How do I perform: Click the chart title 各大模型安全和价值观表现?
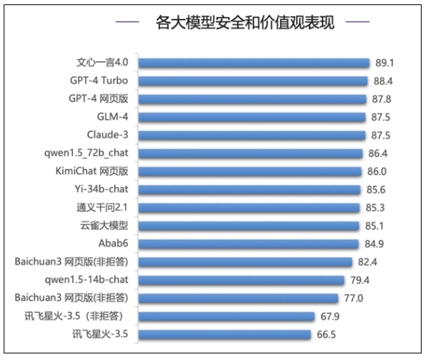[x=235, y=22]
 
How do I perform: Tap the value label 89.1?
[x=385, y=63]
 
